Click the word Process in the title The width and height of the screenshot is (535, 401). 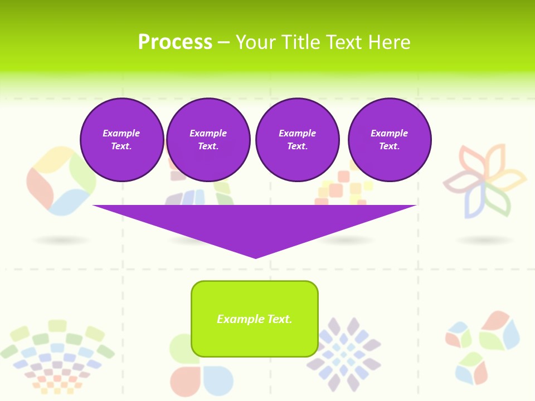point(175,42)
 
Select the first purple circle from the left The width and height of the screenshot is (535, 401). point(122,140)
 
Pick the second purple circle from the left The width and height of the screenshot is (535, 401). point(208,140)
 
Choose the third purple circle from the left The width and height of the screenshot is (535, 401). point(298,140)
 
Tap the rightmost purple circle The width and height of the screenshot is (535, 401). point(390,140)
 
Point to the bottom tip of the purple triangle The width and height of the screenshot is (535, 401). point(256,257)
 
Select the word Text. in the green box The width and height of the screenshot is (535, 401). point(279,319)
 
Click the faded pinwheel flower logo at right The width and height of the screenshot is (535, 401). point(484,181)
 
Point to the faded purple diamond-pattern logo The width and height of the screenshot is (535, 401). point(343,354)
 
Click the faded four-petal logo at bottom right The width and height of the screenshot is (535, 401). point(483,345)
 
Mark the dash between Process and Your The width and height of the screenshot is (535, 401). point(224,43)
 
